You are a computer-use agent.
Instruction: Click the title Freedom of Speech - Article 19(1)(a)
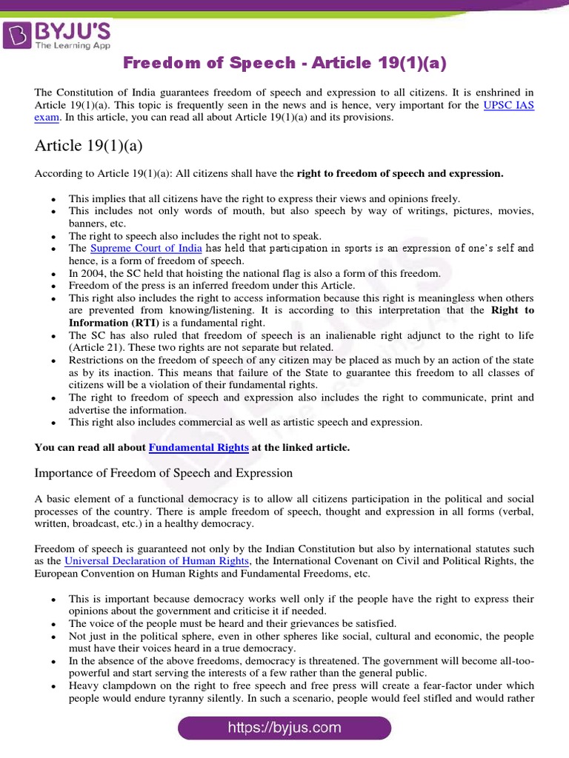coord(284,64)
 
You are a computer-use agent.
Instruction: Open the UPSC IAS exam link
coord(508,105)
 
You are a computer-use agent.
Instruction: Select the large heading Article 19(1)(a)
coord(88,145)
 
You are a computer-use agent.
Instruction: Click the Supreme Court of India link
coord(146,248)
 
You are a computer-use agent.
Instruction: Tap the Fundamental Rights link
coord(199,447)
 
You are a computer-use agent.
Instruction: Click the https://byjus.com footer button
coord(284,728)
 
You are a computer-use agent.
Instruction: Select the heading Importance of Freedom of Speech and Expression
coord(164,473)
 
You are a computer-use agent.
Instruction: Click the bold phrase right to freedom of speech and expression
coord(400,174)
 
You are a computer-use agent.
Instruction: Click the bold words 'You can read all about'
coord(90,447)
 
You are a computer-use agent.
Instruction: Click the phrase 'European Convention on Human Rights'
coord(123,573)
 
